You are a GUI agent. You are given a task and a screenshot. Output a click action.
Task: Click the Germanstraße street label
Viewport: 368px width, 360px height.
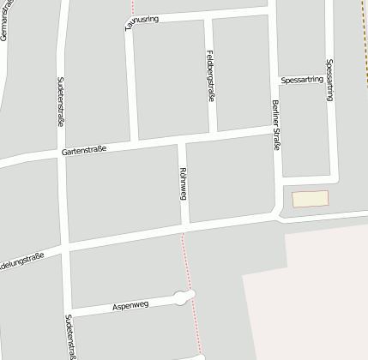pos(8,25)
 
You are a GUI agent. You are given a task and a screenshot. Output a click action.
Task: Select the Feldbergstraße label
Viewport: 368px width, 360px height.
pos(210,76)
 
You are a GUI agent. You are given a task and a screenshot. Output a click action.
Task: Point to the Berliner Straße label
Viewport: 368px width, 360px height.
pos(275,125)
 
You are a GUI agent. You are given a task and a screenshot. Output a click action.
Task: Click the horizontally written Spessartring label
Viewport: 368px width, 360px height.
pos(302,80)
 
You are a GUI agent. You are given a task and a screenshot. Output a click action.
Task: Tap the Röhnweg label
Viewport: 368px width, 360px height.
pos(183,183)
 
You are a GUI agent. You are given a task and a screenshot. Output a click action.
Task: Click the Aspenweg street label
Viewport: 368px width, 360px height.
pos(130,305)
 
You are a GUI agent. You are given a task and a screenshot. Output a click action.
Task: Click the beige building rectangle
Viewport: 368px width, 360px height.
pos(310,199)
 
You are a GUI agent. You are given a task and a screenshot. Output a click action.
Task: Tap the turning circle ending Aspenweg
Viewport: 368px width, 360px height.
pos(184,297)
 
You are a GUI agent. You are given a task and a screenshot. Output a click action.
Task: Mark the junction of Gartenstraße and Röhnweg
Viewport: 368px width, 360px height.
pos(180,141)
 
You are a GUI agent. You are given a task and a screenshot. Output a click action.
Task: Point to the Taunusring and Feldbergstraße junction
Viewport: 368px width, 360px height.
pos(208,16)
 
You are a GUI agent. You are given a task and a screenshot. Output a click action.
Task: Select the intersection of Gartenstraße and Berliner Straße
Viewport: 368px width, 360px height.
pos(274,129)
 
